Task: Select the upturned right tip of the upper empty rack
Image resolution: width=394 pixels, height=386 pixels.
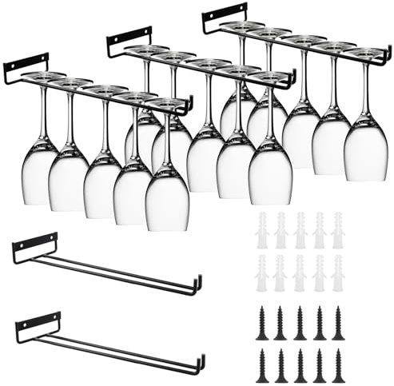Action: (x=198, y=282)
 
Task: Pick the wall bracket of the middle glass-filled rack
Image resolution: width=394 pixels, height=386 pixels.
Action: (x=129, y=42)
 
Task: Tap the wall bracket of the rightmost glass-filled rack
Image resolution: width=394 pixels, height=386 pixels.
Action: (x=225, y=17)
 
